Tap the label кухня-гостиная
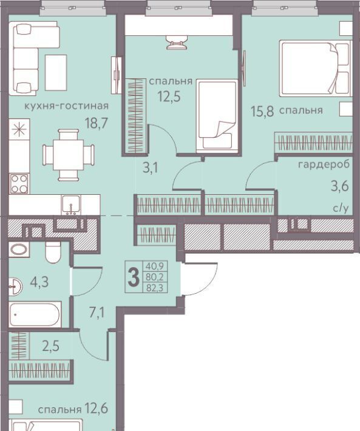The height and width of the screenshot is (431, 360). point(67,106)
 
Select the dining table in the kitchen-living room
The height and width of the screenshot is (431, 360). point(69,155)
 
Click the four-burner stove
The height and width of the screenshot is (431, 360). point(19,183)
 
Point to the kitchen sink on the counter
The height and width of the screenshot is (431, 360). point(71,205)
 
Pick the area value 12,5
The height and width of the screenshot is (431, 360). point(169,96)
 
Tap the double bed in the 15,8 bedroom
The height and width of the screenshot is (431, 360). point(316,69)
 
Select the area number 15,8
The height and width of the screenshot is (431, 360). point(262,112)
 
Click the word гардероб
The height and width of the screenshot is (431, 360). point(324,165)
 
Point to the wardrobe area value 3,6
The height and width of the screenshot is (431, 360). point(340,186)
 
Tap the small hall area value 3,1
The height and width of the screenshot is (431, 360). point(151,168)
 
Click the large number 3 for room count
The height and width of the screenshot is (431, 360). point(134,277)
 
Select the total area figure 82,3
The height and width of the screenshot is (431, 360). point(155,288)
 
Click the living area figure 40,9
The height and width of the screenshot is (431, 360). point(155,266)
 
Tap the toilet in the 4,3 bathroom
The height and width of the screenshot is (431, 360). point(53,252)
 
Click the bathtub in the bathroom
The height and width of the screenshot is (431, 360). point(35,314)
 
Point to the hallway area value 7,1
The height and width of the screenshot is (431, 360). point(97,313)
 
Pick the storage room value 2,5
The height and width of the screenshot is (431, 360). point(51,347)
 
